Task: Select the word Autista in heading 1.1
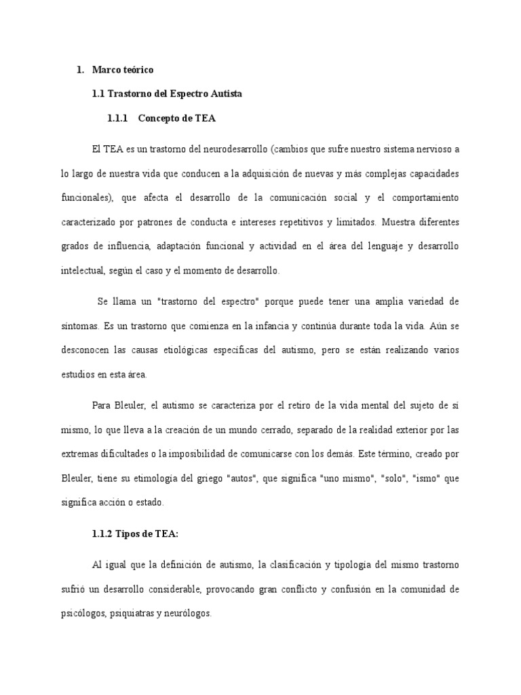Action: coord(225,94)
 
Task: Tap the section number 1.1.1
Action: coord(118,118)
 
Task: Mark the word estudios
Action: coord(77,374)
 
